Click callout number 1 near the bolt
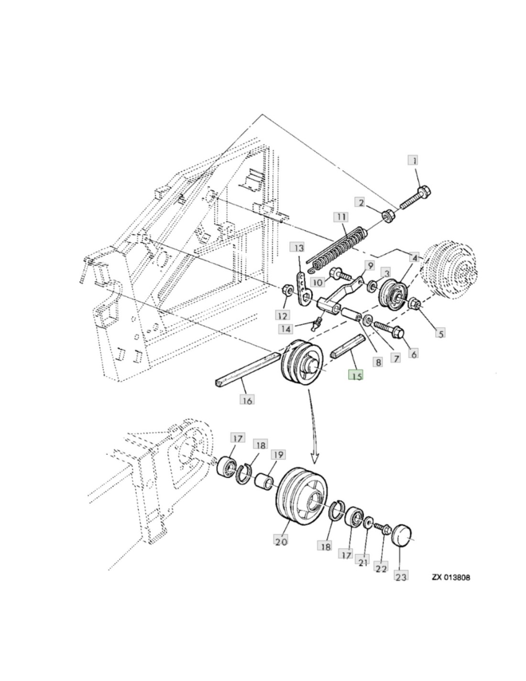pos(414,160)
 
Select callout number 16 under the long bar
pos(246,398)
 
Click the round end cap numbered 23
pos(403,535)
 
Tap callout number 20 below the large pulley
pos(281,541)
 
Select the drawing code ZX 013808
pos(450,577)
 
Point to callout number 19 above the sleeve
pos(278,454)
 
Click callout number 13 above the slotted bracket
pos(298,248)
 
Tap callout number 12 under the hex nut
pos(282,316)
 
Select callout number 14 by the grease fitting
pos(285,329)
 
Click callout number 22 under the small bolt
pos(381,568)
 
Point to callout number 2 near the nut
pos(362,202)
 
